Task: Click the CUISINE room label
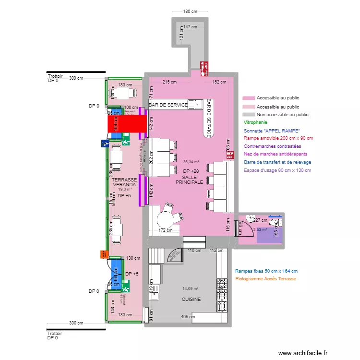tap(191, 300)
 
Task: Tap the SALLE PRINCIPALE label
tap(189, 180)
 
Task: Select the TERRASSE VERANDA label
tap(124, 182)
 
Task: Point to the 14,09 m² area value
tap(191, 289)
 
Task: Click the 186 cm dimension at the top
tap(190, 11)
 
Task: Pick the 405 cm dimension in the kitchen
tap(188, 316)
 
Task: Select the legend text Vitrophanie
tap(255, 123)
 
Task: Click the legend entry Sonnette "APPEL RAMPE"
tap(272, 131)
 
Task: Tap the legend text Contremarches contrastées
tap(273, 146)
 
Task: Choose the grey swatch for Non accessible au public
tap(249, 115)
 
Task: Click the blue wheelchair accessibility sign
tap(105, 143)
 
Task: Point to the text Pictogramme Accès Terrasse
tap(265, 279)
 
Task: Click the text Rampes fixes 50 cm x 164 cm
tap(266, 271)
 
